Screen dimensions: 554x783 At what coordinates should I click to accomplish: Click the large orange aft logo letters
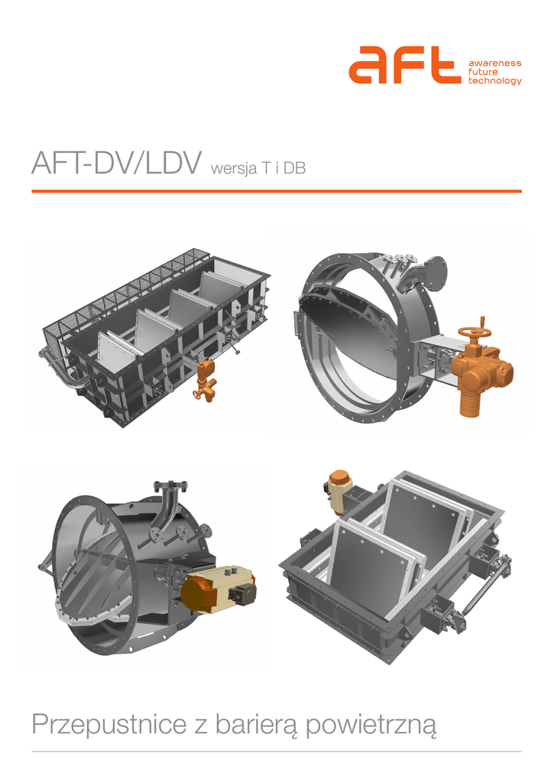click(x=404, y=64)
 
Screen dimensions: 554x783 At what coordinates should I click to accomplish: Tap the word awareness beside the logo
click(x=494, y=63)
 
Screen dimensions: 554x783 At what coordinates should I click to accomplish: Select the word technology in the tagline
click(x=494, y=81)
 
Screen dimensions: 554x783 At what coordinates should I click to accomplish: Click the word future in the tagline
click(x=483, y=72)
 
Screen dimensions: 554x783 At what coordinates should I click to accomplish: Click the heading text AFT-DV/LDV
click(x=117, y=162)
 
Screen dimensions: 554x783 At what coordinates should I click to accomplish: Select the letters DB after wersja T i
click(x=294, y=168)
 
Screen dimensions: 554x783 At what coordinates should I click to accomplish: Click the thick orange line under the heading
click(x=277, y=190)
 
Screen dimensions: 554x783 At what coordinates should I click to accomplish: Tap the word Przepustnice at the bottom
click(x=109, y=725)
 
